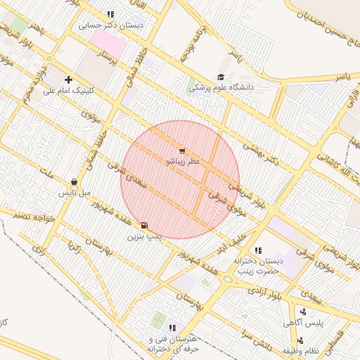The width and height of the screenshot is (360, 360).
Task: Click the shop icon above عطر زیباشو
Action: pos(183,151)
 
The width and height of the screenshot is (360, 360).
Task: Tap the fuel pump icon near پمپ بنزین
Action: pos(145,226)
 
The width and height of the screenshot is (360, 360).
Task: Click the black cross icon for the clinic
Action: pos(68,79)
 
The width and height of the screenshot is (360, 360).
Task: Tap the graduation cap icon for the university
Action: pos(221,77)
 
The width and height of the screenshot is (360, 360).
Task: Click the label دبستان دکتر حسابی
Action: pos(110,25)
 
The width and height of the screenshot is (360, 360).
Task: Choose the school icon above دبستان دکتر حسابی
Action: pos(110,14)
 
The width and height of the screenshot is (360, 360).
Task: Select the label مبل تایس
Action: pos(75,192)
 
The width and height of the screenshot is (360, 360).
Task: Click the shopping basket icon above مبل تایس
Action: pos(75,182)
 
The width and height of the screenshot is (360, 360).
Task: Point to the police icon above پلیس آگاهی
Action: pos(303,311)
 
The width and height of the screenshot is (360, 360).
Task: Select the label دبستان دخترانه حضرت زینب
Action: pos(257,265)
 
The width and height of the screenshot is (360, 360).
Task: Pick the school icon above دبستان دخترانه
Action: pos(258,250)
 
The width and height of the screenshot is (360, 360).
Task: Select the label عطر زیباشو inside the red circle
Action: pos(183,162)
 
